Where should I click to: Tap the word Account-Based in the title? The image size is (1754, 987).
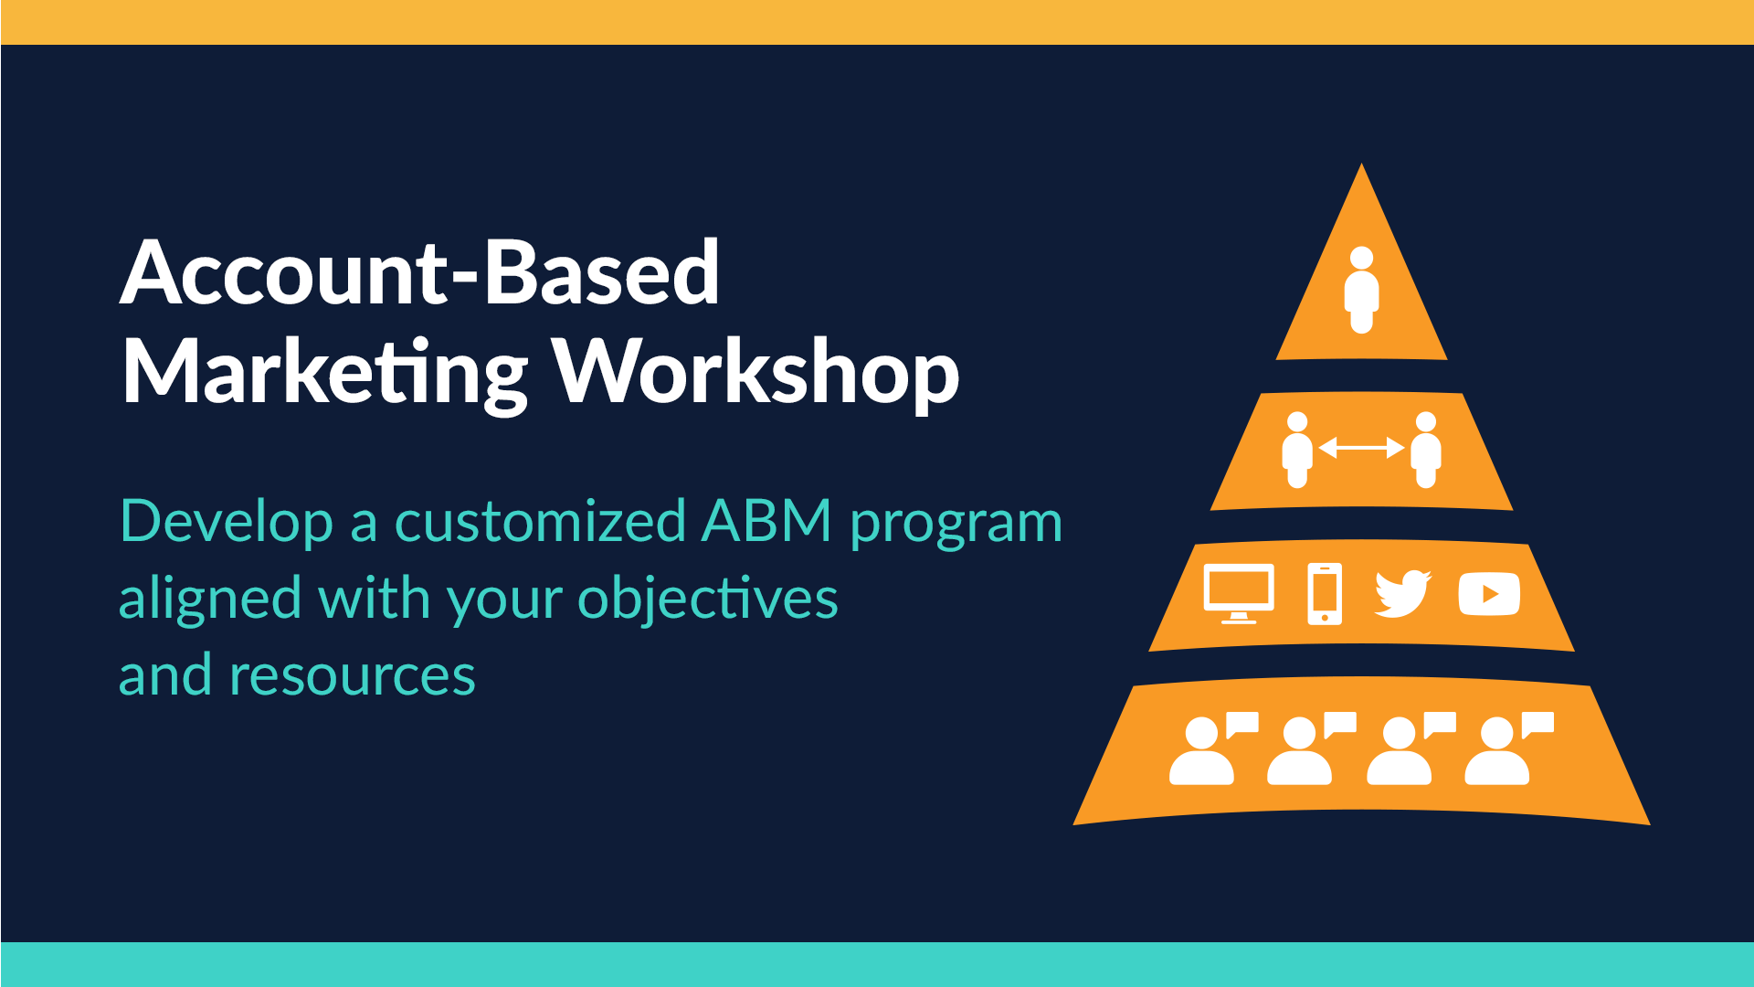coord(420,271)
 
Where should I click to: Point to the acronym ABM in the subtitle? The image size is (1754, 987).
coord(767,522)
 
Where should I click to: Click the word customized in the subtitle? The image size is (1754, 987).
coord(540,522)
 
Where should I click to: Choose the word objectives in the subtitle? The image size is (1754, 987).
coord(708,599)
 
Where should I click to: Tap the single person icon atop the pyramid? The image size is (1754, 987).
coord(1361,290)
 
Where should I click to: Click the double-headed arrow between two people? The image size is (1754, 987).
coord(1361,448)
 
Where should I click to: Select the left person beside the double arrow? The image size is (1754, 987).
coord(1297,450)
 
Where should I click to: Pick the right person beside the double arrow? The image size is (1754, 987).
coord(1426,450)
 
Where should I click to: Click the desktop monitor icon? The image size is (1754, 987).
coord(1239,594)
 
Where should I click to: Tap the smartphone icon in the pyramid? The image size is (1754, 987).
coord(1325,594)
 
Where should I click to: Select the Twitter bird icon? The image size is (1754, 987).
coord(1403,594)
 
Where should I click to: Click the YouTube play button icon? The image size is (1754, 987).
coord(1489,595)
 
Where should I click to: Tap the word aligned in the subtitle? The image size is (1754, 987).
coord(210,599)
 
